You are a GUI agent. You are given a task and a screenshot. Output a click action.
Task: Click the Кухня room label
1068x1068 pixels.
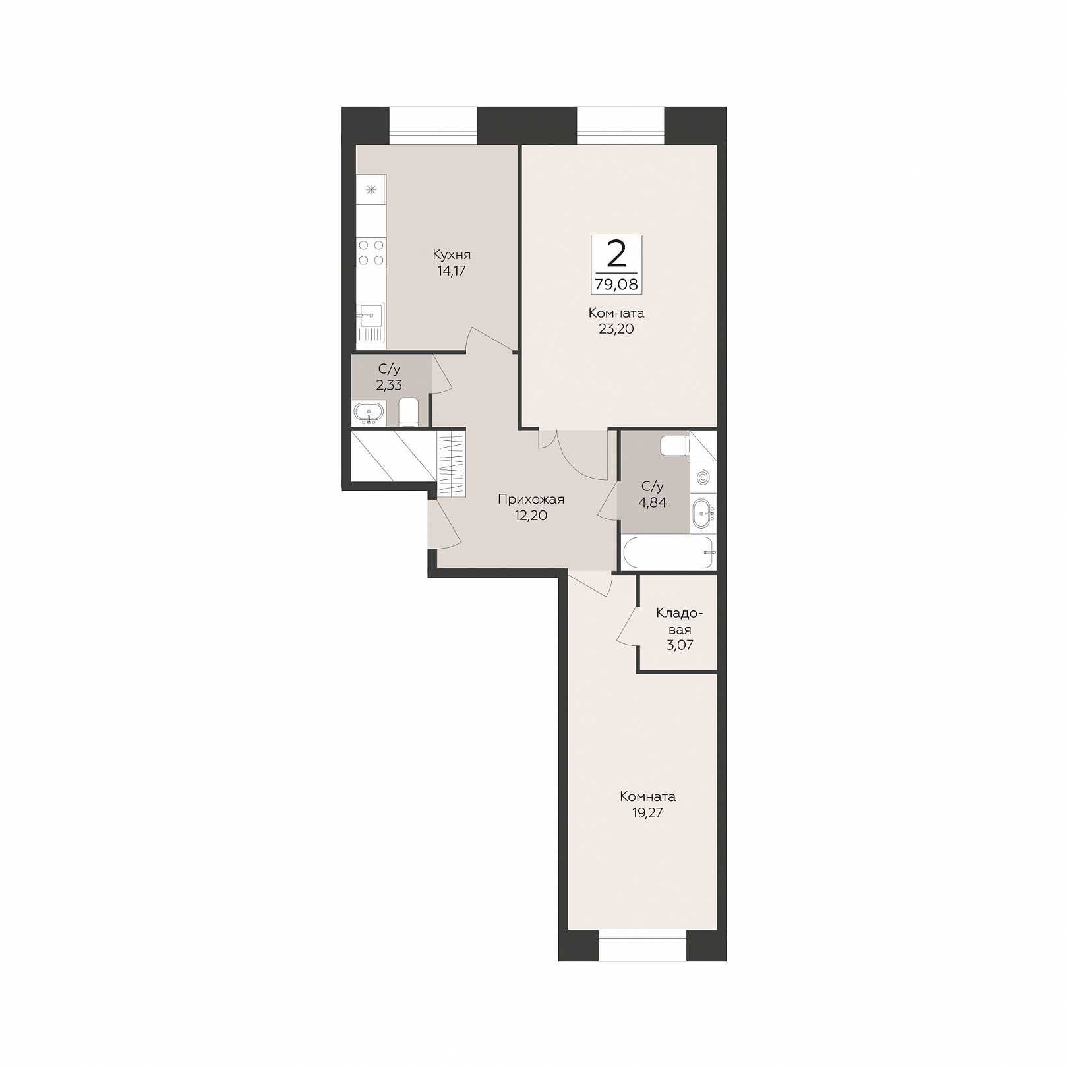tap(452, 254)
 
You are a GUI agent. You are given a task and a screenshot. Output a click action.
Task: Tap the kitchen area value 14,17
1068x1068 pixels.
tap(452, 270)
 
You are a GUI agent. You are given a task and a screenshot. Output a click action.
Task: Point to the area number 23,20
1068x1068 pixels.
tap(616, 329)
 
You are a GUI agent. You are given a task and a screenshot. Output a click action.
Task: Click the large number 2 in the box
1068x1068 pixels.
tap(616, 254)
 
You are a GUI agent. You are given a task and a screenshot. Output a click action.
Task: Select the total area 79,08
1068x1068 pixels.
tap(616, 285)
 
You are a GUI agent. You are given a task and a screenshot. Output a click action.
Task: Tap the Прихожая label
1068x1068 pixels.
tap(531, 500)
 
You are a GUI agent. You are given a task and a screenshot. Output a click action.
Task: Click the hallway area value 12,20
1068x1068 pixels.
tap(531, 516)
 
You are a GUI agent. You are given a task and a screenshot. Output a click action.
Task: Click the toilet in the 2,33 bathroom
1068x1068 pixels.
tap(409, 412)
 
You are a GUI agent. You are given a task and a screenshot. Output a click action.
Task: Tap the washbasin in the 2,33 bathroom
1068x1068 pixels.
tap(369, 413)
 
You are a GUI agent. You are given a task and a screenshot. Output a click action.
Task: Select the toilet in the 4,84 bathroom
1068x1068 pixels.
tap(675, 446)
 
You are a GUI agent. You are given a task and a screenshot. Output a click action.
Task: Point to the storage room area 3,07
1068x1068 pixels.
tap(680, 645)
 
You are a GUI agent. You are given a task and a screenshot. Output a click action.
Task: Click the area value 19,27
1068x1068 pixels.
tap(647, 813)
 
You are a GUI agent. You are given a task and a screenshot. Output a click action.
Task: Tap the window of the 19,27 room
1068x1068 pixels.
tap(642, 945)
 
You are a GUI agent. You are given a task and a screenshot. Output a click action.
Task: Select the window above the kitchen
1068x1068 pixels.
tap(432, 125)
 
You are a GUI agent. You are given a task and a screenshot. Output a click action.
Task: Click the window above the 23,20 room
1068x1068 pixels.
tap(620, 125)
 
